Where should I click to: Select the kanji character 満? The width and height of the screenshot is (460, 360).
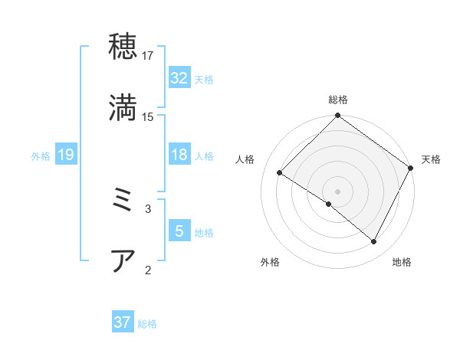tap(123, 108)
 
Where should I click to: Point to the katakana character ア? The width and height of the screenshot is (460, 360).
tap(123, 260)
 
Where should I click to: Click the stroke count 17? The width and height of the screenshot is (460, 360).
tap(148, 56)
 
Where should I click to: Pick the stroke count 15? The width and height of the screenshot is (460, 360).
tap(148, 117)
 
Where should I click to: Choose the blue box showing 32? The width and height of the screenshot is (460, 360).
tap(179, 78)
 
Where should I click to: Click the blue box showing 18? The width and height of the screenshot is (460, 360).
tap(179, 155)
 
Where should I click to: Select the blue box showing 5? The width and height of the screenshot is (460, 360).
tap(179, 231)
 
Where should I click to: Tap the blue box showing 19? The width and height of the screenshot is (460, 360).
tap(66, 155)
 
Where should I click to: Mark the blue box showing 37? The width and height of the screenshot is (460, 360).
tap(123, 322)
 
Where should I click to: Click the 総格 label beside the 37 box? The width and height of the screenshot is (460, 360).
tap(147, 324)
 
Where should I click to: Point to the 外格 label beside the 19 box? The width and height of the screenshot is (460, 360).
tap(41, 156)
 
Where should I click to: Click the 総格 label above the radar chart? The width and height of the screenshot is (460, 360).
tap(338, 100)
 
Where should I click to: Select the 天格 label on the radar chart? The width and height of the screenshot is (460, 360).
tap(432, 159)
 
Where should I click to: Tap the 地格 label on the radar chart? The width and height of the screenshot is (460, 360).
tap(402, 263)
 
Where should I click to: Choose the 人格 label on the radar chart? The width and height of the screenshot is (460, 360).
tap(245, 159)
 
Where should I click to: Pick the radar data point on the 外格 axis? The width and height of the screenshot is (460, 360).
tap(329, 204)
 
